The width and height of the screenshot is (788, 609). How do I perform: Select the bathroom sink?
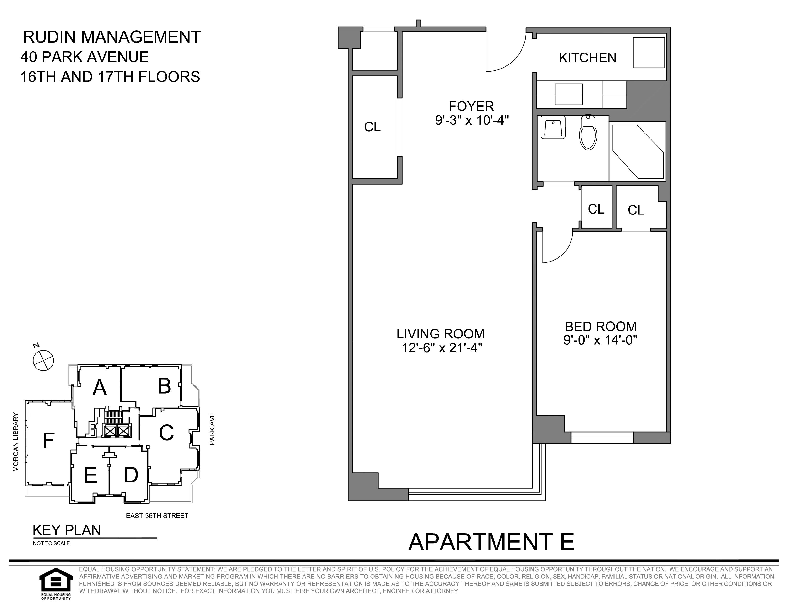click(x=553, y=127)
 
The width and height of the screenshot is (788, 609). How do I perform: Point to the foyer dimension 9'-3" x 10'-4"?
click(x=472, y=120)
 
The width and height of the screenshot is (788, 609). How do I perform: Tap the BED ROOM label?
click(x=600, y=326)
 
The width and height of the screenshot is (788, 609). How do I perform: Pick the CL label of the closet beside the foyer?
click(x=372, y=127)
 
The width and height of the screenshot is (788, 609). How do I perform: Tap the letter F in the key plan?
click(x=49, y=441)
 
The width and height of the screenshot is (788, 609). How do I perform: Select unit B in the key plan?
click(x=164, y=386)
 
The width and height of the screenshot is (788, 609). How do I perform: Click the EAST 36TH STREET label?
click(x=157, y=516)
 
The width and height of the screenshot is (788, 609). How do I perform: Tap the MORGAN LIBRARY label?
click(x=16, y=442)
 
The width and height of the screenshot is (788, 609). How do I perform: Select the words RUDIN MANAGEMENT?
click(x=112, y=37)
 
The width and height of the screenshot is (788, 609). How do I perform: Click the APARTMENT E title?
click(x=491, y=542)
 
